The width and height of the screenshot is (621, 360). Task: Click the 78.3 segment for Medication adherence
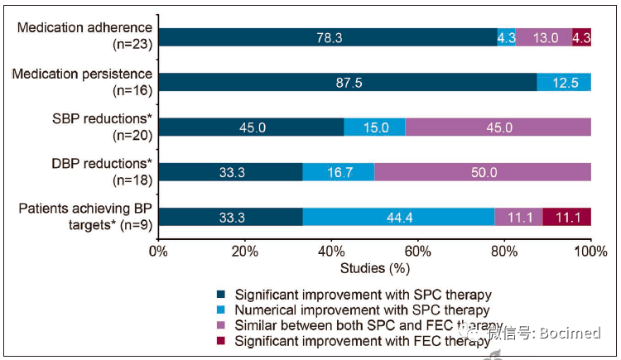327,37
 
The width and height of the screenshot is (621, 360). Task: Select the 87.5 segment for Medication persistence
347,82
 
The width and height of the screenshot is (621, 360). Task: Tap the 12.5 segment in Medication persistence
564,82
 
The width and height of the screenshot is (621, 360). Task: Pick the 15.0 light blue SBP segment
375,127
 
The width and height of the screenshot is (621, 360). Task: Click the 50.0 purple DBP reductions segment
483,171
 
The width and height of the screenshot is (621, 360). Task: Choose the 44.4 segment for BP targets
398,216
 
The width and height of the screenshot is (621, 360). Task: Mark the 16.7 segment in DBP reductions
338,171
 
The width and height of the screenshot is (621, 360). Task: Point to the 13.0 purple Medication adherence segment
544,37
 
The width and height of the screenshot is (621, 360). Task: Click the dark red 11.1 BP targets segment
567,216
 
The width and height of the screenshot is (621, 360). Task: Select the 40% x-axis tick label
331,250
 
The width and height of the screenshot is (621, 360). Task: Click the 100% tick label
590,250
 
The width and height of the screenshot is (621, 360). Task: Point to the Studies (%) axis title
374,268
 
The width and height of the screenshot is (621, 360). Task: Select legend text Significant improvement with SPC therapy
363,295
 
